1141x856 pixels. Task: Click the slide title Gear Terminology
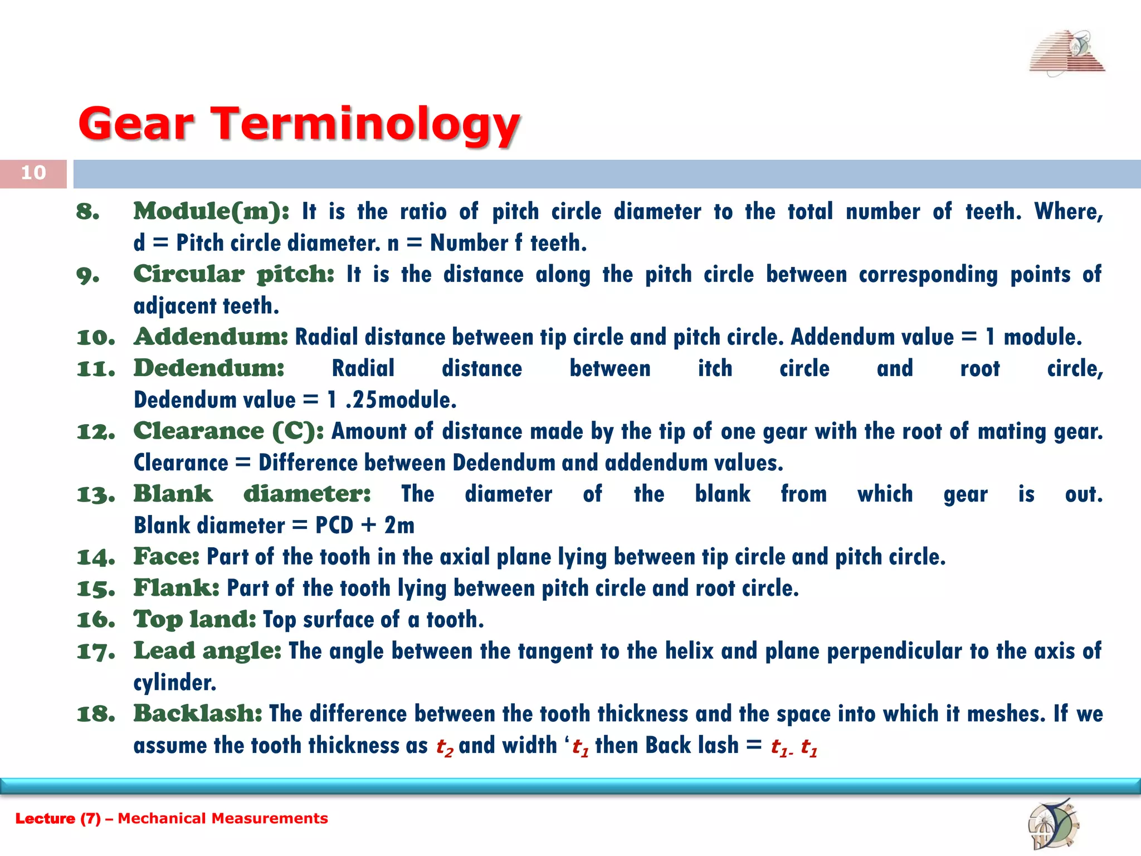pyautogui.click(x=299, y=124)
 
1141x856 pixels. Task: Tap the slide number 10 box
pyautogui.click(x=33, y=173)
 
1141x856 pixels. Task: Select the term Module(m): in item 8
pyautogui.click(x=211, y=211)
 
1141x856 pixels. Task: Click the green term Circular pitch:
pyautogui.click(x=233, y=274)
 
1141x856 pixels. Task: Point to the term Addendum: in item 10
pyautogui.click(x=211, y=337)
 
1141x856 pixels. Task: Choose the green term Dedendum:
pyautogui.click(x=209, y=368)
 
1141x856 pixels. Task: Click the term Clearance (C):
pyautogui.click(x=228, y=431)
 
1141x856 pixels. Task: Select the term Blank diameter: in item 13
pyautogui.click(x=252, y=494)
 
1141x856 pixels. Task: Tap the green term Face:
pyautogui.click(x=166, y=557)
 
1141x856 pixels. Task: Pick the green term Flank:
pyautogui.click(x=176, y=588)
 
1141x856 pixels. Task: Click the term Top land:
pyautogui.click(x=194, y=619)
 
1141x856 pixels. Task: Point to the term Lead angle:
pyautogui.click(x=207, y=651)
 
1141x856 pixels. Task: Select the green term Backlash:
pyautogui.click(x=197, y=714)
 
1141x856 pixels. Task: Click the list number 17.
pyautogui.click(x=95, y=651)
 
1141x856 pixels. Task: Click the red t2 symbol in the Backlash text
pyautogui.click(x=444, y=747)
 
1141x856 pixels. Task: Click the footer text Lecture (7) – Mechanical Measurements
pyautogui.click(x=172, y=818)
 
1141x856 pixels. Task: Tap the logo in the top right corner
pyautogui.click(x=1066, y=53)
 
